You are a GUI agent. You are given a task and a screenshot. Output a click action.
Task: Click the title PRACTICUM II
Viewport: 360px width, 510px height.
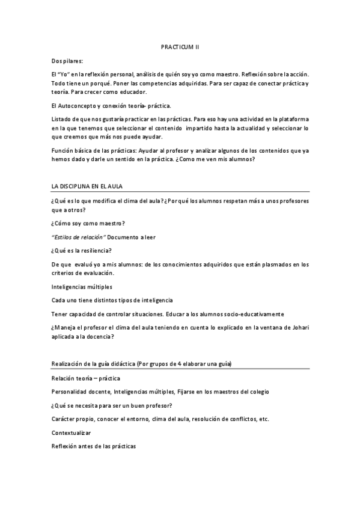click(180, 46)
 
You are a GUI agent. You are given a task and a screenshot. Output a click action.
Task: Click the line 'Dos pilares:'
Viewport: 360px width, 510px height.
click(68, 61)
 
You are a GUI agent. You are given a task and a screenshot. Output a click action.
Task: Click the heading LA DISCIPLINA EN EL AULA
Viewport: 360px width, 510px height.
click(87, 186)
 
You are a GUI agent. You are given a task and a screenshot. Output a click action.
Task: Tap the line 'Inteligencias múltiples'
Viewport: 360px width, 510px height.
click(82, 286)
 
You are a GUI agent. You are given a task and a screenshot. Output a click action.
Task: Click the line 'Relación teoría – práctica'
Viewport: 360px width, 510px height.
click(86, 378)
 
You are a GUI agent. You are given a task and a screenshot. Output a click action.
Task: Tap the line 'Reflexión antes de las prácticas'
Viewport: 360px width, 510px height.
click(94, 446)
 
